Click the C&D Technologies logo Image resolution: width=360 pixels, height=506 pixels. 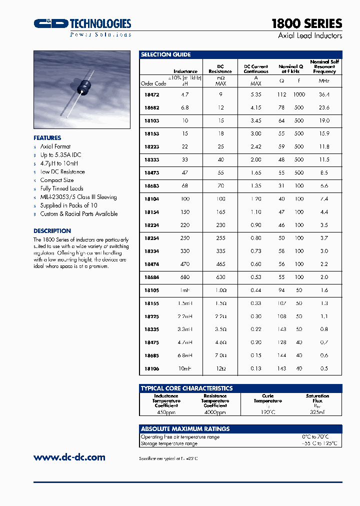click(x=82, y=24)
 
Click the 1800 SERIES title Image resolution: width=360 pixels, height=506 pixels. click(x=306, y=23)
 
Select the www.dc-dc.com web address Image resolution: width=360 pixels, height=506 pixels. click(x=69, y=457)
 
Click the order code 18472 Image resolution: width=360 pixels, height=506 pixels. click(x=151, y=94)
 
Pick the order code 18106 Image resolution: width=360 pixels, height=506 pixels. click(x=151, y=368)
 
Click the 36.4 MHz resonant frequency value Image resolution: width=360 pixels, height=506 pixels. click(x=324, y=94)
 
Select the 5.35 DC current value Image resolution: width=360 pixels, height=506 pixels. click(x=255, y=94)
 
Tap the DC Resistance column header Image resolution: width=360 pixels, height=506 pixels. click(x=220, y=69)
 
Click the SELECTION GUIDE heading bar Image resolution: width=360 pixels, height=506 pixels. click(x=240, y=54)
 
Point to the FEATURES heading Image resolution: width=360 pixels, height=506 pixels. click(x=47, y=138)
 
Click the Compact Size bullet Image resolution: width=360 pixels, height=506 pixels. click(x=57, y=180)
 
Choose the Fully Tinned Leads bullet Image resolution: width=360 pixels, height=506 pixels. click(x=61, y=188)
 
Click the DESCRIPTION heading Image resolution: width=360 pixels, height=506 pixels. click(x=52, y=231)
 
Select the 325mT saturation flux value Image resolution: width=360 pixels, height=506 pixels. click(x=317, y=412)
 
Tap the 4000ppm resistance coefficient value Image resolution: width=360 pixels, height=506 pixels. click(x=215, y=412)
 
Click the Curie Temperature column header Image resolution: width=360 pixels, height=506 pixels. click(x=267, y=398)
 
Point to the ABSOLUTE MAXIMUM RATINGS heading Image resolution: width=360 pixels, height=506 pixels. click(x=185, y=429)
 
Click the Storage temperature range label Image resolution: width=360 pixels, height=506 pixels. click(x=169, y=443)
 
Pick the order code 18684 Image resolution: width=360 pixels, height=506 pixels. click(x=151, y=277)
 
